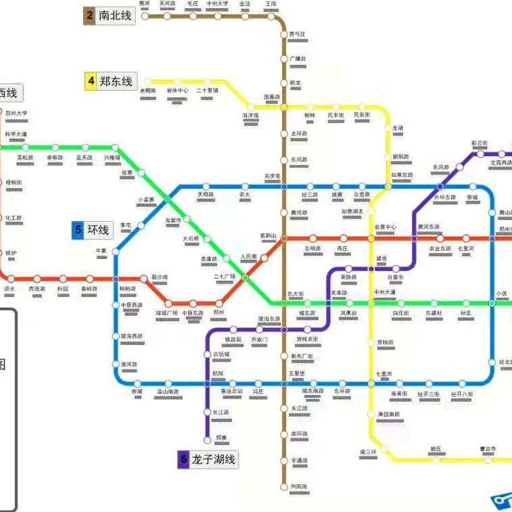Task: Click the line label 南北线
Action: (x=116, y=16)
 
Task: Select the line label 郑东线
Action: (x=116, y=82)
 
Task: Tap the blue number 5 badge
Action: (x=78, y=231)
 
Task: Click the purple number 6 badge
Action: (x=183, y=460)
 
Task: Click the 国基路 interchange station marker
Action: (x=284, y=107)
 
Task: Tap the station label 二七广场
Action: (x=225, y=277)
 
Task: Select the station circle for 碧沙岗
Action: (x=143, y=278)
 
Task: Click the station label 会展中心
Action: (x=386, y=227)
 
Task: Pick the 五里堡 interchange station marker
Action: (x=284, y=383)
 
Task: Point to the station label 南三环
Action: (x=368, y=451)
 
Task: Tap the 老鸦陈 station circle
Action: (x=148, y=83)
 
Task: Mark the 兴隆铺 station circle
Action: (x=114, y=147)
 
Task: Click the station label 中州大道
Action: (x=386, y=292)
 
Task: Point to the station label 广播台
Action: (x=298, y=59)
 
